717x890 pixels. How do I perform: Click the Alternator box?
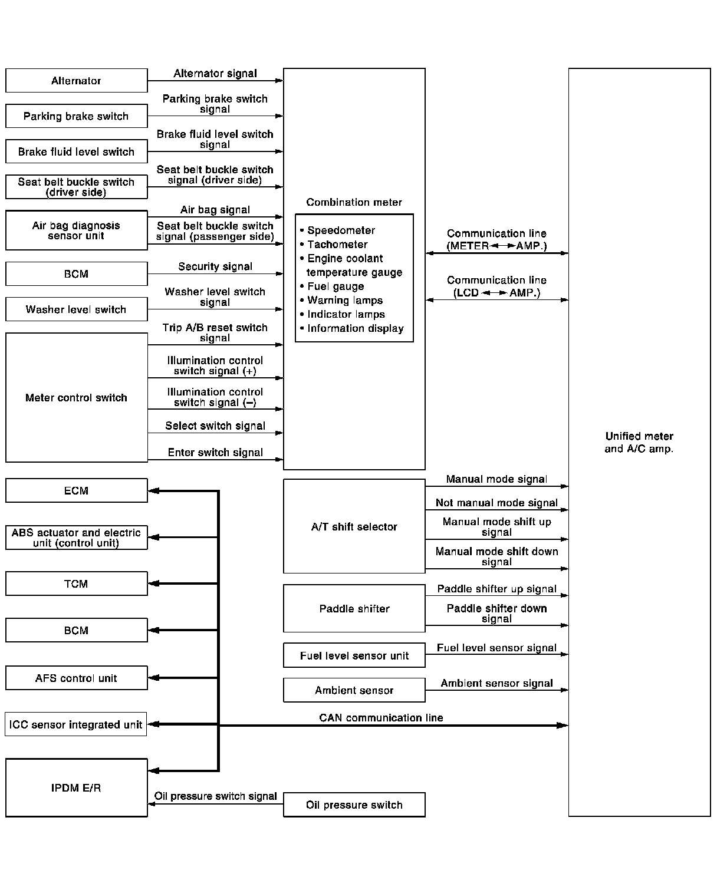click(x=76, y=81)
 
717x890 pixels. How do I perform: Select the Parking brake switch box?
click(x=76, y=116)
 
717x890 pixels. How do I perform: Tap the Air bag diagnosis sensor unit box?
click(x=76, y=230)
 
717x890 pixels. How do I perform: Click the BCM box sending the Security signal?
click(x=76, y=274)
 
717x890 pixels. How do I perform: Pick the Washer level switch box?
click(x=76, y=309)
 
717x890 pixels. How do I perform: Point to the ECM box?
click(x=76, y=490)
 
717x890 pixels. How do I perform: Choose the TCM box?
click(x=76, y=584)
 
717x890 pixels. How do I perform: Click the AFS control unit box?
click(x=76, y=678)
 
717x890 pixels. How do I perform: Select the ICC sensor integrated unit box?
click(x=76, y=724)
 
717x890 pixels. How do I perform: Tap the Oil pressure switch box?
click(x=354, y=805)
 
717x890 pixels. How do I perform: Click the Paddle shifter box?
click(x=354, y=609)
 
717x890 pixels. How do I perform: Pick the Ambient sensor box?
click(x=354, y=690)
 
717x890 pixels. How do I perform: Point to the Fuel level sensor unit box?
click(x=354, y=655)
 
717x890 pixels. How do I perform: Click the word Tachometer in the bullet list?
click(x=337, y=245)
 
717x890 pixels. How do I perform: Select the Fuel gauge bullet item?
click(x=336, y=286)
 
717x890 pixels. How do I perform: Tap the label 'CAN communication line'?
click(x=381, y=718)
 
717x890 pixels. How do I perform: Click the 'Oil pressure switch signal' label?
click(x=215, y=796)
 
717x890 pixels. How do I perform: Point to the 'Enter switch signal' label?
click(x=215, y=453)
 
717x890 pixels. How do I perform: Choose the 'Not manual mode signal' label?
click(x=496, y=503)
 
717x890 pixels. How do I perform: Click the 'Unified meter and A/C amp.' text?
click(x=639, y=443)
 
